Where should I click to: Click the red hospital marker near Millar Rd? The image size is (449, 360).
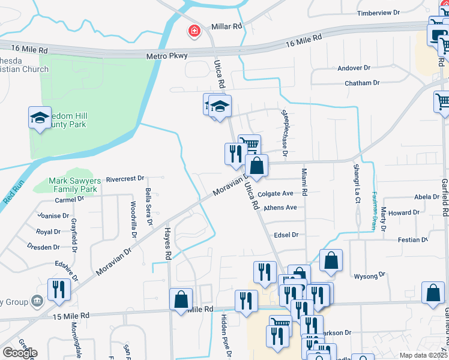point(194,31)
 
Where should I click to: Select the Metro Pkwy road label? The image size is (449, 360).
point(167,56)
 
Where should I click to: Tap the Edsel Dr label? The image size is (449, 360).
point(286,235)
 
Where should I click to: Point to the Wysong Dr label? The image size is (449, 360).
point(370,275)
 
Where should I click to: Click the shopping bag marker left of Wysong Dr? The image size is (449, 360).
point(331,261)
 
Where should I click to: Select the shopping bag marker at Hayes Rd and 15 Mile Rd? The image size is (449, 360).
point(181,299)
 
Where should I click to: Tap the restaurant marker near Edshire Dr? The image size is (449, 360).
point(59,289)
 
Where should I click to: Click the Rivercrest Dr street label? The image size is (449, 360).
point(125,178)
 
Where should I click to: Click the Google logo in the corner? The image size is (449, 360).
point(20,353)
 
